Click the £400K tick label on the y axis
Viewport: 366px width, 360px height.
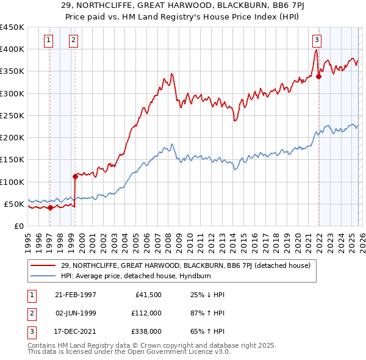click(x=12, y=49)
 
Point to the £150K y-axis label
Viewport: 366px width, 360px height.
click(x=12, y=160)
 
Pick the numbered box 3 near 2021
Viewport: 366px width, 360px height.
click(x=317, y=41)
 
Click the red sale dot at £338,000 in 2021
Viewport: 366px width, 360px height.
click(x=318, y=77)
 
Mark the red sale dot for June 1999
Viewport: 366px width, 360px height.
click(x=75, y=177)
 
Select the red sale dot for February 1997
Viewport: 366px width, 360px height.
click(x=50, y=207)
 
